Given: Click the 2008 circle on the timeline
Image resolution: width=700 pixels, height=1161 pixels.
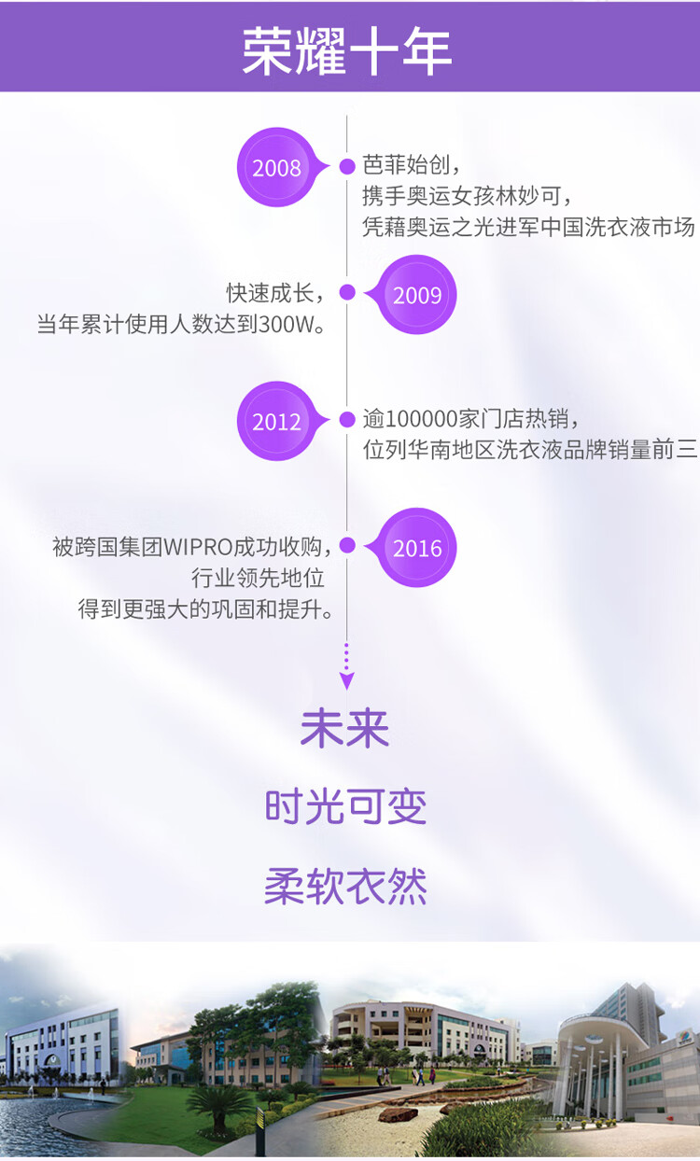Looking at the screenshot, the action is click(x=277, y=167).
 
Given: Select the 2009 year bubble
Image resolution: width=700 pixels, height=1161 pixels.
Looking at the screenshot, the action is click(x=417, y=295).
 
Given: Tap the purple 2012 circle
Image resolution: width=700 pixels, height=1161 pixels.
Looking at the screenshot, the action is click(x=277, y=421).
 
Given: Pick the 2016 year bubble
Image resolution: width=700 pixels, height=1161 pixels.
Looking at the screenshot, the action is click(x=417, y=548).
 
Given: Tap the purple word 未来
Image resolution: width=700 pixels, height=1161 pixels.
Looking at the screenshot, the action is click(x=345, y=729).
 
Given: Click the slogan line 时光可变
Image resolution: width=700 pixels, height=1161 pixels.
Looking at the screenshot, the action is click(x=345, y=807).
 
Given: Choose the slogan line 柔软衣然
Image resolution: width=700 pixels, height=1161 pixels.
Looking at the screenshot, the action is click(x=345, y=886).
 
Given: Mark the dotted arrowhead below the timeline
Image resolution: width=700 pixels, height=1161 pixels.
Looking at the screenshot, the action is click(x=347, y=679).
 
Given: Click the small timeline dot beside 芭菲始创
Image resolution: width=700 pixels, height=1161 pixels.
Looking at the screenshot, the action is click(x=347, y=167).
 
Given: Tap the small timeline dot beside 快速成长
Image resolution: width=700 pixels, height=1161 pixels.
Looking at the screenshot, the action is click(x=347, y=293).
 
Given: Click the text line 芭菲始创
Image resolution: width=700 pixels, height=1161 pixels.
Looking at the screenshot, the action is click(x=408, y=166).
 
